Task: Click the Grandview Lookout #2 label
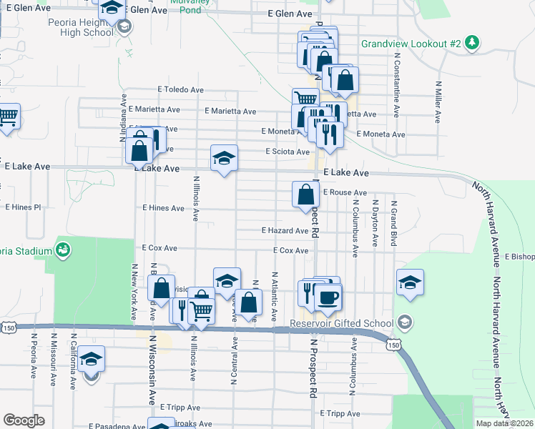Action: [x=411, y=44]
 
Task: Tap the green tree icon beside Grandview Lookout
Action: [x=471, y=43]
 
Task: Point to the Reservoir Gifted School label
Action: [x=342, y=322]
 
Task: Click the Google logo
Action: [x=24, y=420]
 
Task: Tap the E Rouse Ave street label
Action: [x=345, y=193]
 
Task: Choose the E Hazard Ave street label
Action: [x=284, y=231]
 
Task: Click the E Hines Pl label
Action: [x=23, y=207]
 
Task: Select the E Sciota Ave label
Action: [x=288, y=152]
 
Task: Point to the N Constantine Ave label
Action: [x=395, y=84]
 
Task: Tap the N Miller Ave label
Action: [x=437, y=101]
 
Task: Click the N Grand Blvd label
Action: [x=393, y=224]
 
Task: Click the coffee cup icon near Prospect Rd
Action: [x=328, y=298]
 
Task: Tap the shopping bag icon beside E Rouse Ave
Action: [x=305, y=193]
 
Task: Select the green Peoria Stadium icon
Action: [x=63, y=250]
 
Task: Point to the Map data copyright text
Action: [x=504, y=423]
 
